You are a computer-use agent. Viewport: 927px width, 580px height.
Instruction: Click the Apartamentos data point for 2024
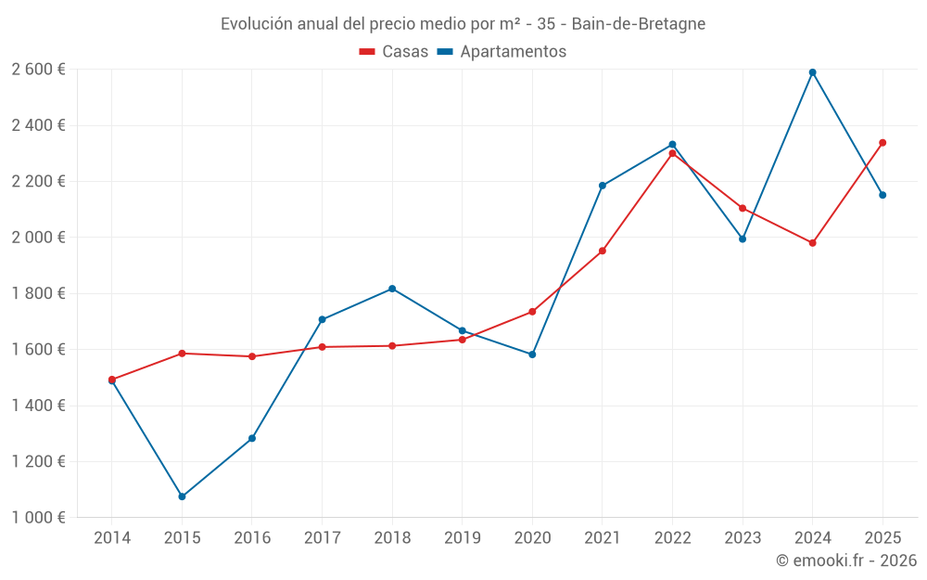click(813, 72)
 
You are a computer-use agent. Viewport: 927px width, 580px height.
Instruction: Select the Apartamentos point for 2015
click(182, 496)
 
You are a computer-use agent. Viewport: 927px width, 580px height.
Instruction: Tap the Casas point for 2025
click(883, 143)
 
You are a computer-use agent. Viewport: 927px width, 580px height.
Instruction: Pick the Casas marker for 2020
click(532, 312)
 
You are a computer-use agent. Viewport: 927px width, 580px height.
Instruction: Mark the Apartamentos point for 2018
click(392, 289)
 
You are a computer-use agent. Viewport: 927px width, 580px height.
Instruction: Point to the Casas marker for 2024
click(813, 243)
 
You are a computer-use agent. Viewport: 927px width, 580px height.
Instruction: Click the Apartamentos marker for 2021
click(603, 186)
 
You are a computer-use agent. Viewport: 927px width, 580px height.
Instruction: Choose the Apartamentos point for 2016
click(252, 438)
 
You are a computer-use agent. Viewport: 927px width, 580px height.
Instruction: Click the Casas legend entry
click(394, 52)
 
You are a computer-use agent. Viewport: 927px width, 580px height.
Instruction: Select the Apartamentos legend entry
click(502, 52)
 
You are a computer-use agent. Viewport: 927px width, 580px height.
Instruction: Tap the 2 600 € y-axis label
click(38, 69)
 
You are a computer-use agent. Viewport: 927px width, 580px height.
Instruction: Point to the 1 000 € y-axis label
click(38, 518)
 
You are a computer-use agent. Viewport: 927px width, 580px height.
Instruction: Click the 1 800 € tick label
click(38, 293)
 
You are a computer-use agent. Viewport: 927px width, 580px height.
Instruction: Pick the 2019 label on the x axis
click(463, 537)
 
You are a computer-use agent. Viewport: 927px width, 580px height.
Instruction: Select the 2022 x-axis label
click(672, 537)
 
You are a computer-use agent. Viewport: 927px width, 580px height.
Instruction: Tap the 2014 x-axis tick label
click(112, 537)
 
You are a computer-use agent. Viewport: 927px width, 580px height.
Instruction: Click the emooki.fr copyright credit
click(846, 561)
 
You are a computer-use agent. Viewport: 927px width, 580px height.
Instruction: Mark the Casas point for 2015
click(182, 354)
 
